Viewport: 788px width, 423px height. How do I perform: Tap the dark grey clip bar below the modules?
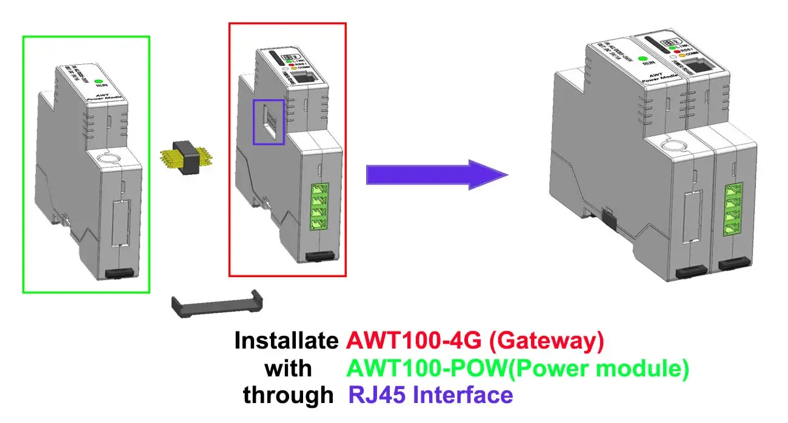217,304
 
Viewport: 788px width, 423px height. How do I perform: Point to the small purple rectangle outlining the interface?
268,122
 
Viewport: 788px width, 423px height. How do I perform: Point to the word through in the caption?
288,395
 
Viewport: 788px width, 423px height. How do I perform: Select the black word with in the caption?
289,369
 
